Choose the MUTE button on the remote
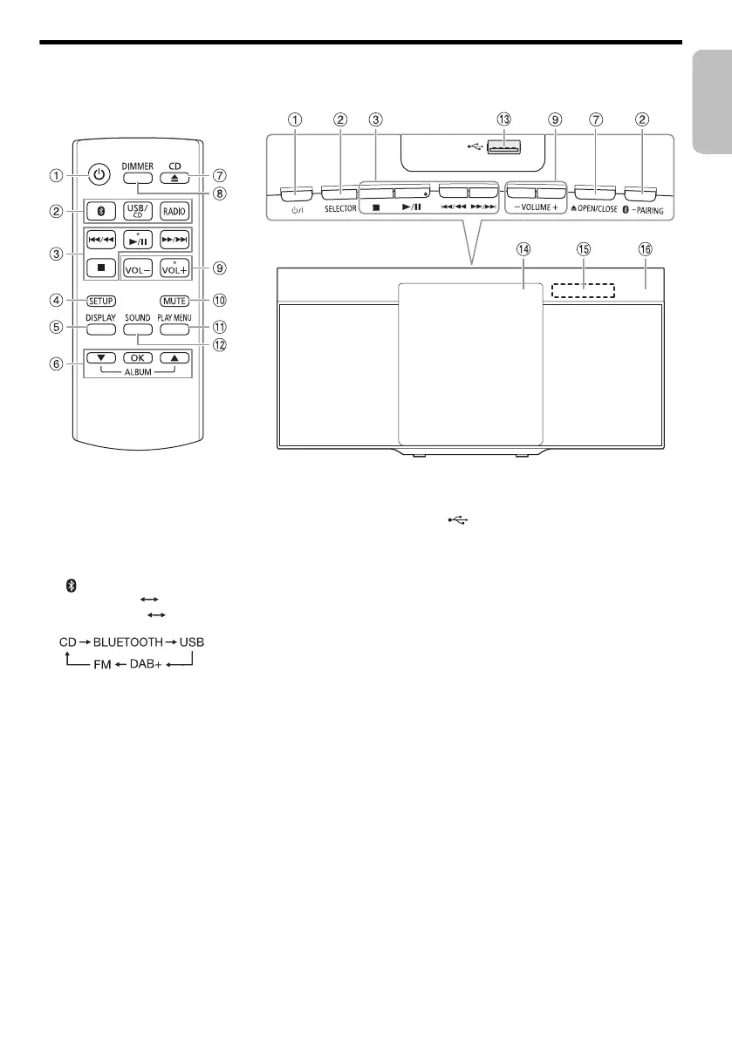point(174,301)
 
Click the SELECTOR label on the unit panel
point(339,210)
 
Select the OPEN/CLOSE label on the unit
point(597,210)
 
